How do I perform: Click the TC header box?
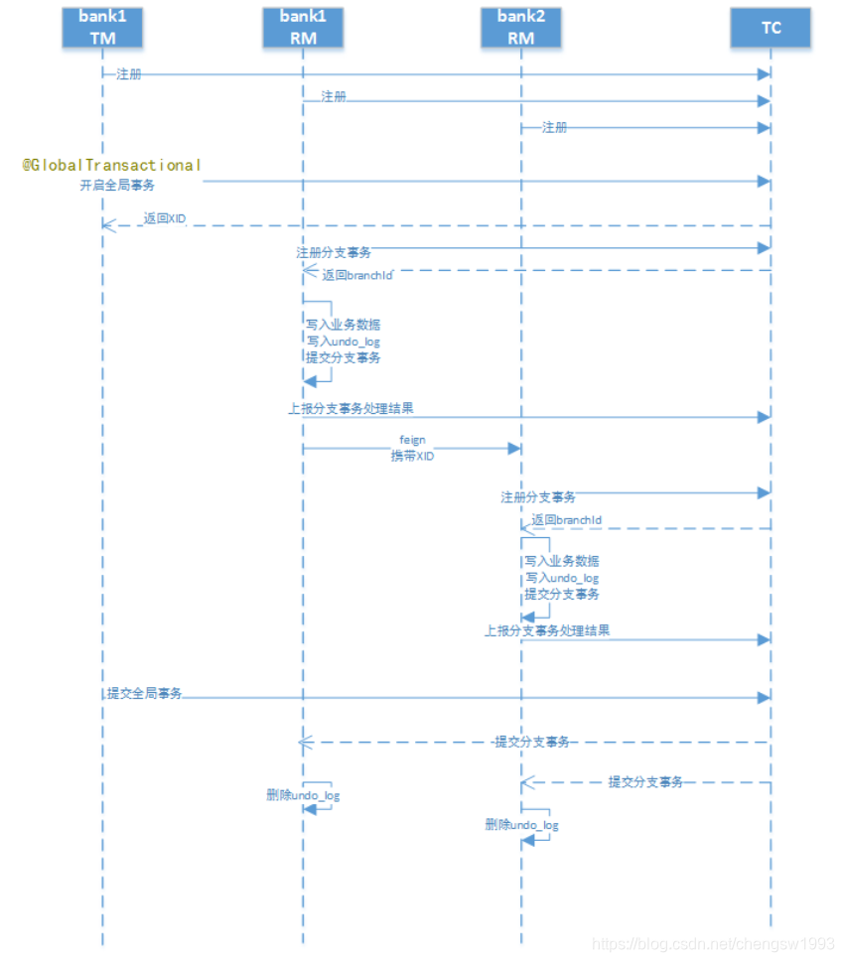pos(771,28)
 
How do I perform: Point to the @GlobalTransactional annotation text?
pos(112,165)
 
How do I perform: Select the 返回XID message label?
pos(165,218)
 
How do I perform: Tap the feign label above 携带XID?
pos(412,439)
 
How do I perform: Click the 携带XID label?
pos(412,456)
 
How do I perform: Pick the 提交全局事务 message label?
pos(145,693)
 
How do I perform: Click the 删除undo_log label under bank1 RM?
pos(303,795)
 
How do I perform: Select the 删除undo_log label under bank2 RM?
pos(521,825)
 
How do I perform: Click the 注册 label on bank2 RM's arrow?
pos(555,127)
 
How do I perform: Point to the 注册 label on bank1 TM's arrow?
pos(128,74)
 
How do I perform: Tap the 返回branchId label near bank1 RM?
pos(356,275)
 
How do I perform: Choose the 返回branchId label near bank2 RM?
pos(566,520)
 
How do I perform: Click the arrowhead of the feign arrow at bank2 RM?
pos(514,449)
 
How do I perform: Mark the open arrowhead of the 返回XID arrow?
pos(108,225)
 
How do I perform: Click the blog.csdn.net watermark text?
pos(712,944)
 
